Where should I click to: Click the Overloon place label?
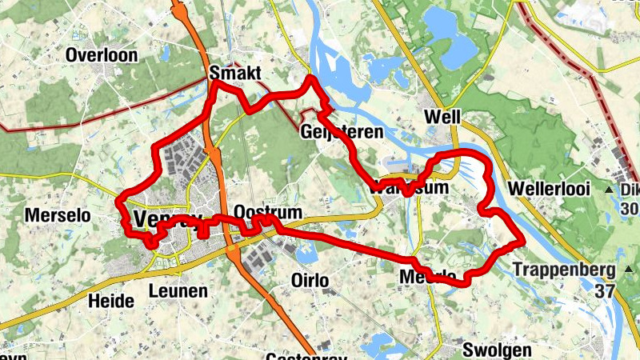point(103,55)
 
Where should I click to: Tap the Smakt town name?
point(235,74)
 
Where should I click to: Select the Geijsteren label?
point(340,131)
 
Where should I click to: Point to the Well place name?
point(444,117)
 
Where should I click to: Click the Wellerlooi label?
point(549,190)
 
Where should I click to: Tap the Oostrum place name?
point(269,212)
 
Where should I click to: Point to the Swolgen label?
point(496,350)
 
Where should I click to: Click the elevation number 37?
point(606,290)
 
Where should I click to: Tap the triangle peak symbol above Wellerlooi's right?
point(609,190)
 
